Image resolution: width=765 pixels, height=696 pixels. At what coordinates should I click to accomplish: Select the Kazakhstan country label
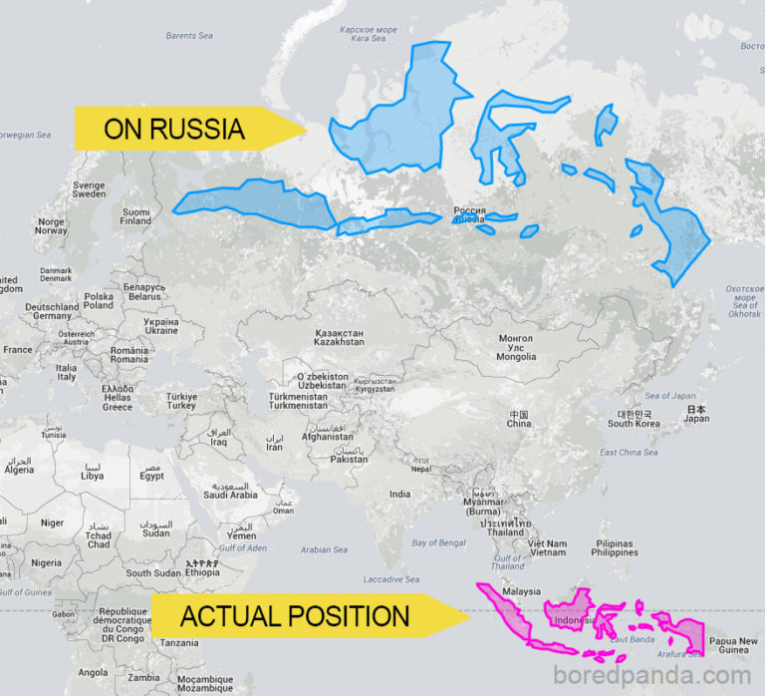click(x=339, y=337)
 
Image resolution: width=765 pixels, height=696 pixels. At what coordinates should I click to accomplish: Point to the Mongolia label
click(x=516, y=348)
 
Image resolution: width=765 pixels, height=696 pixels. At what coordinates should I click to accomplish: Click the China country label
click(x=518, y=419)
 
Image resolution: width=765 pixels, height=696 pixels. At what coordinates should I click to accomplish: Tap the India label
click(x=399, y=494)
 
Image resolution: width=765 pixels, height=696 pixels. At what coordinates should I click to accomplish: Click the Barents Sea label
click(x=189, y=36)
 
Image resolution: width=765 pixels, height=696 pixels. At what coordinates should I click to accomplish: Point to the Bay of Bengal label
click(x=438, y=542)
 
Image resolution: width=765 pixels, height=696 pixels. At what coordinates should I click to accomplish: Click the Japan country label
click(x=696, y=414)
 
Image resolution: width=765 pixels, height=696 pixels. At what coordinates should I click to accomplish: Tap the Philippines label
click(x=615, y=547)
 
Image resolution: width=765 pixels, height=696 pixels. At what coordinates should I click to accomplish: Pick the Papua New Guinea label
click(x=733, y=646)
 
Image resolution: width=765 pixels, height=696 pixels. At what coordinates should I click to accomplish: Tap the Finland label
click(x=135, y=216)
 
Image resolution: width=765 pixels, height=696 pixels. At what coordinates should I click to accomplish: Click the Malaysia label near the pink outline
click(x=521, y=591)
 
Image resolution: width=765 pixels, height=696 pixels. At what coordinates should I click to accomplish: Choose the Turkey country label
click(x=181, y=401)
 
